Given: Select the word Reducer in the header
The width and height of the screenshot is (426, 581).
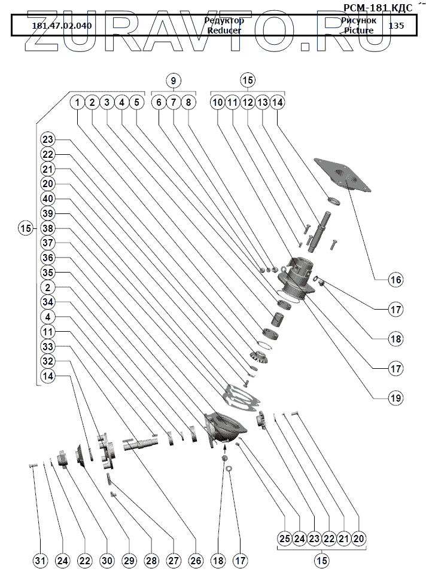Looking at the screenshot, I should click(x=224, y=30).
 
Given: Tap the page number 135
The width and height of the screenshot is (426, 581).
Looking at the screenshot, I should click(x=396, y=26).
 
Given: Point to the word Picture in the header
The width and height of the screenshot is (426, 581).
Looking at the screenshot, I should click(x=358, y=30).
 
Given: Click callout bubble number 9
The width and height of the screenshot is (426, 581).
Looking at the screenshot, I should click(x=173, y=80).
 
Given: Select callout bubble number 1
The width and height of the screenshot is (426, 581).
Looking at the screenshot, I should click(x=77, y=102).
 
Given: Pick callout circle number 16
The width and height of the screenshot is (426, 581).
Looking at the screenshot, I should click(x=394, y=279).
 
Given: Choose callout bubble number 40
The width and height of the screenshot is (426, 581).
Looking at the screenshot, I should click(x=48, y=198).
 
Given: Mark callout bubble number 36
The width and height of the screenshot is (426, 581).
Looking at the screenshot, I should click(x=48, y=258).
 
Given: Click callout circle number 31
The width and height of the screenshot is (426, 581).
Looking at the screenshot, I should click(x=40, y=561).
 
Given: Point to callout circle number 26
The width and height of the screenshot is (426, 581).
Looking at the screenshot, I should click(x=196, y=561).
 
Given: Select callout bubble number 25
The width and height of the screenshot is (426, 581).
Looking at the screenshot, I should click(x=285, y=539).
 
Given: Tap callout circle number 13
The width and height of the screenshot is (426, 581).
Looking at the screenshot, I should click(x=262, y=102).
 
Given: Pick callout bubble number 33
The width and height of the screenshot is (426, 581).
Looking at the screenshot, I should click(x=48, y=347).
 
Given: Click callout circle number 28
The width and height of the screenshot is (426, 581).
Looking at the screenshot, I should click(x=151, y=561).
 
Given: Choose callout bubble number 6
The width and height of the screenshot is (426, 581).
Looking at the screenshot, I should click(x=159, y=102).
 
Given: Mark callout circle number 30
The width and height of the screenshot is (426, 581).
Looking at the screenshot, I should click(x=106, y=561).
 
